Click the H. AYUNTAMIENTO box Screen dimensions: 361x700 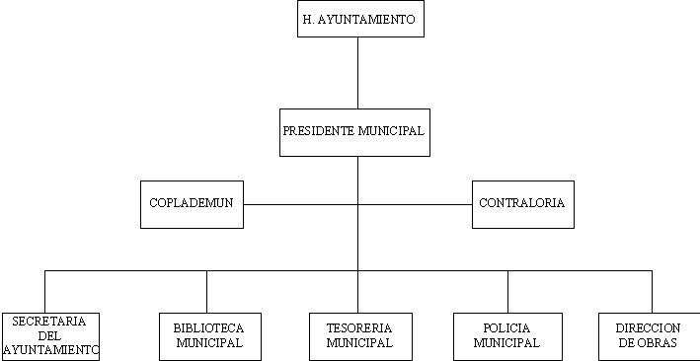(x=360, y=20)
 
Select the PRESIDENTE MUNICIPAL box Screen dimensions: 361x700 (x=354, y=132)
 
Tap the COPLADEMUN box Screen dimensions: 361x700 (x=192, y=204)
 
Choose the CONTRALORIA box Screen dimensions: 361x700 (x=521, y=204)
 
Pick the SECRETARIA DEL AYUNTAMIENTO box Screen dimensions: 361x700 (x=50, y=335)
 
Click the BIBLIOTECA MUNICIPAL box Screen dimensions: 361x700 (x=209, y=336)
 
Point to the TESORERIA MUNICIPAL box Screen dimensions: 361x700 (x=359, y=336)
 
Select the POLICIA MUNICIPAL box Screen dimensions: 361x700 (x=506, y=336)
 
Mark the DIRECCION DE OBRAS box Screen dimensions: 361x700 (x=648, y=336)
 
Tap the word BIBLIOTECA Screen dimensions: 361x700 (x=208, y=328)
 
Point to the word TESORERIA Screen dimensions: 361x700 (x=359, y=328)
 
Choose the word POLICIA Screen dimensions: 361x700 (x=506, y=328)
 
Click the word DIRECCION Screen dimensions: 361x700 (x=648, y=328)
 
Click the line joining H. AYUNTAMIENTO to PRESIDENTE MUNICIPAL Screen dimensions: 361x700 (x=357, y=73)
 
